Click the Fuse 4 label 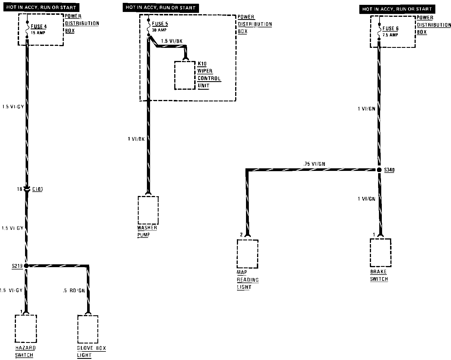coord(39,27)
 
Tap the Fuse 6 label coord(390,29)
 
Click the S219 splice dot coord(26,266)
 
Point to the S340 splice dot coord(379,170)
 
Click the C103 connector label coord(37,189)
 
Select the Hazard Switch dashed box coord(26,329)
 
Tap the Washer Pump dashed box coord(148,210)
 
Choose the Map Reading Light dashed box coord(247,254)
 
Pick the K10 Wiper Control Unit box coord(185,75)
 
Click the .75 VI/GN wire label coord(314,164)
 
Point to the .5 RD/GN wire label coord(74,291)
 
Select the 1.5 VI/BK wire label coord(172,41)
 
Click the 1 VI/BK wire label coord(136,139)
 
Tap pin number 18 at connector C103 coord(19,189)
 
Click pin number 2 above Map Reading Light coord(241,235)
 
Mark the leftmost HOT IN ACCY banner coord(41,8)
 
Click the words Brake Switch coord(379,275)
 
